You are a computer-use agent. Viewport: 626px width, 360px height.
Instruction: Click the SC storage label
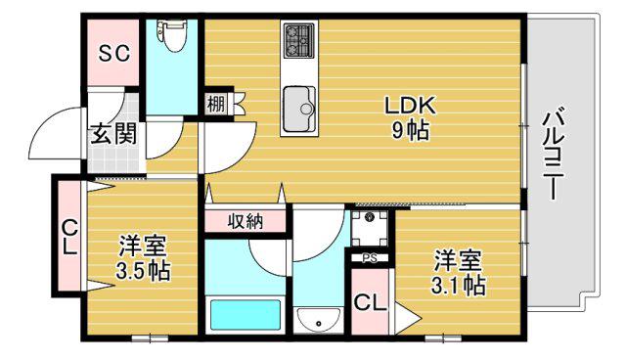point(114,53)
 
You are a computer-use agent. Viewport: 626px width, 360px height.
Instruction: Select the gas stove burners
point(299,40)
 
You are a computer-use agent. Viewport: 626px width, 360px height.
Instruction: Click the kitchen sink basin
point(299,109)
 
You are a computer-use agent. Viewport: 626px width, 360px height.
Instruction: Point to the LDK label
point(410,106)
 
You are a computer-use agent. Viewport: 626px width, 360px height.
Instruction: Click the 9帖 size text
point(410,130)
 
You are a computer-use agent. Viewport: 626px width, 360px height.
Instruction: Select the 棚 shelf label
point(215,105)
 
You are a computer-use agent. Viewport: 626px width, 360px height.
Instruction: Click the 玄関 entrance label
point(113,134)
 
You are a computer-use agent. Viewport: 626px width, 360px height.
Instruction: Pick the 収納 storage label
point(246,221)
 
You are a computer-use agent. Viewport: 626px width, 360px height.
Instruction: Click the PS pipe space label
point(370,258)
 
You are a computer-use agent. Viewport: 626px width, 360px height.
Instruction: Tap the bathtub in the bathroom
point(246,315)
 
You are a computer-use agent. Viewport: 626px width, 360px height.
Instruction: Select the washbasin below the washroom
point(318,320)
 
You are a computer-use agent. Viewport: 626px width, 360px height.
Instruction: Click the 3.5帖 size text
point(143,272)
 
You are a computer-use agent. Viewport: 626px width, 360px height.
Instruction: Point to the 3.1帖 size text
point(459,286)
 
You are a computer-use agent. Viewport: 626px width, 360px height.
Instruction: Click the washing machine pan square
point(370,229)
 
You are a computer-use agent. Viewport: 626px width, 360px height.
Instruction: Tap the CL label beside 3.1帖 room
point(370,303)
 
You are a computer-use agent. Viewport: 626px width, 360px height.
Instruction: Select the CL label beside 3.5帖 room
point(69,238)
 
